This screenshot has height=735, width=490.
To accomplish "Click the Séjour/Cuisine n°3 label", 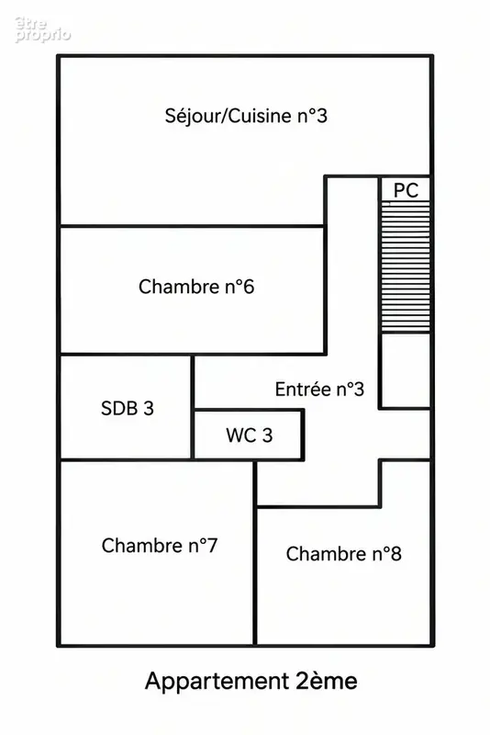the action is (x=246, y=117).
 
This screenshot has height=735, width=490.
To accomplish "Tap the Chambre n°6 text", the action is (x=196, y=287).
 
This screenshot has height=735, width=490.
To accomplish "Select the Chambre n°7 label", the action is (x=160, y=545).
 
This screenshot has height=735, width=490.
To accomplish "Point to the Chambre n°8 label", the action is (x=343, y=554).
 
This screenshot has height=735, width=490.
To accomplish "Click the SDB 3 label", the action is (x=128, y=408).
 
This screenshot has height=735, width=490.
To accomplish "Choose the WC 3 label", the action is (x=250, y=435).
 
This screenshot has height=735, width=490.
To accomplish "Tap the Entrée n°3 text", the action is (x=319, y=389).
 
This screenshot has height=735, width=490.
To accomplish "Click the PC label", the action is (x=406, y=190).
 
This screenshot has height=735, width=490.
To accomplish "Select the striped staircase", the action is (x=406, y=266).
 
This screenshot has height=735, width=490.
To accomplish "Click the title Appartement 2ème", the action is (x=251, y=681).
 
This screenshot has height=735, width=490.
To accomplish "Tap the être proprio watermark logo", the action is (x=42, y=29).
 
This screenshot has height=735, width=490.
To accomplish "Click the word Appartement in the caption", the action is (x=217, y=682).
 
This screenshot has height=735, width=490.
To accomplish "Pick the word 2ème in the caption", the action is (x=327, y=681).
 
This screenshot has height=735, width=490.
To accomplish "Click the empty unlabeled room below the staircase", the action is (x=406, y=370).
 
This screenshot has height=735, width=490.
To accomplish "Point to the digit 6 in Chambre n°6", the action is (x=249, y=287).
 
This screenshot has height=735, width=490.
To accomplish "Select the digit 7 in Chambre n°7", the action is (x=212, y=545).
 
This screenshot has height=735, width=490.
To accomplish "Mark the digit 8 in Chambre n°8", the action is (x=395, y=554).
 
